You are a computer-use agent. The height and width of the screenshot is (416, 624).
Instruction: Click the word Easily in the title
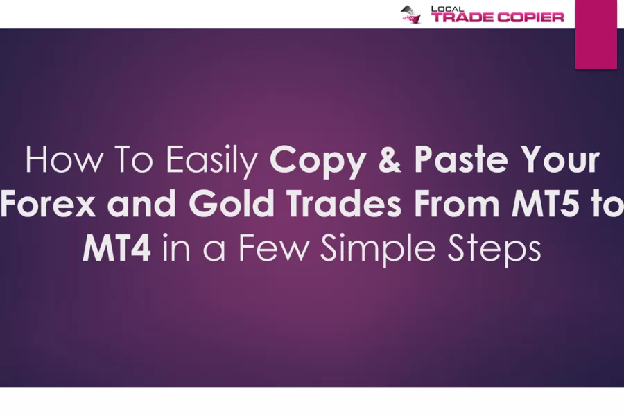211,160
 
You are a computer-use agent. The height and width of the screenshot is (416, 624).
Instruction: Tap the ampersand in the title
390,159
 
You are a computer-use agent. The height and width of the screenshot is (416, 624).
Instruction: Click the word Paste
461,159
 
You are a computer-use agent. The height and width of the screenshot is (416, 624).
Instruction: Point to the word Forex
48,203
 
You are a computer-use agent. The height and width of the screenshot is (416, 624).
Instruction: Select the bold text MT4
116,248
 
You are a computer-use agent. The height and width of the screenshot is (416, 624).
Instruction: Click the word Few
273,248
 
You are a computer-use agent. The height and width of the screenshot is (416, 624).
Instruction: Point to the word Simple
378,250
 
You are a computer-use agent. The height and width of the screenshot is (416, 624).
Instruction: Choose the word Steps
494,250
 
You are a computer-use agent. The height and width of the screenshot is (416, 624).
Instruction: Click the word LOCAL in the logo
448,9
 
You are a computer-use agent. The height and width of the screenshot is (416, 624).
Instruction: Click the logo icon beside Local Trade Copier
410,15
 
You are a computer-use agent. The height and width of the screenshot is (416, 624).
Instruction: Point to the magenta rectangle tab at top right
596,34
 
